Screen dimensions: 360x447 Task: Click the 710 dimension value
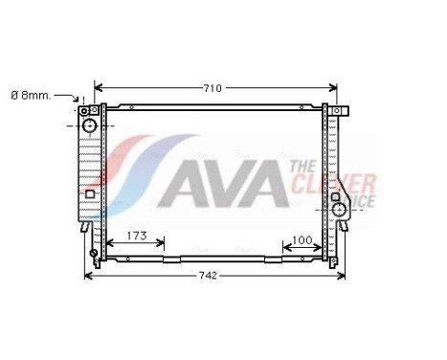212,88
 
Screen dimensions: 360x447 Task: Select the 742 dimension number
209,276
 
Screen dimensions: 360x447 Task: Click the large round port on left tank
89,125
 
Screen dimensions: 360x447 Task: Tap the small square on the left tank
89,193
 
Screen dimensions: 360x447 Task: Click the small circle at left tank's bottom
94,255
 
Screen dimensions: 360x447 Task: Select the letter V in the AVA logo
222,180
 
